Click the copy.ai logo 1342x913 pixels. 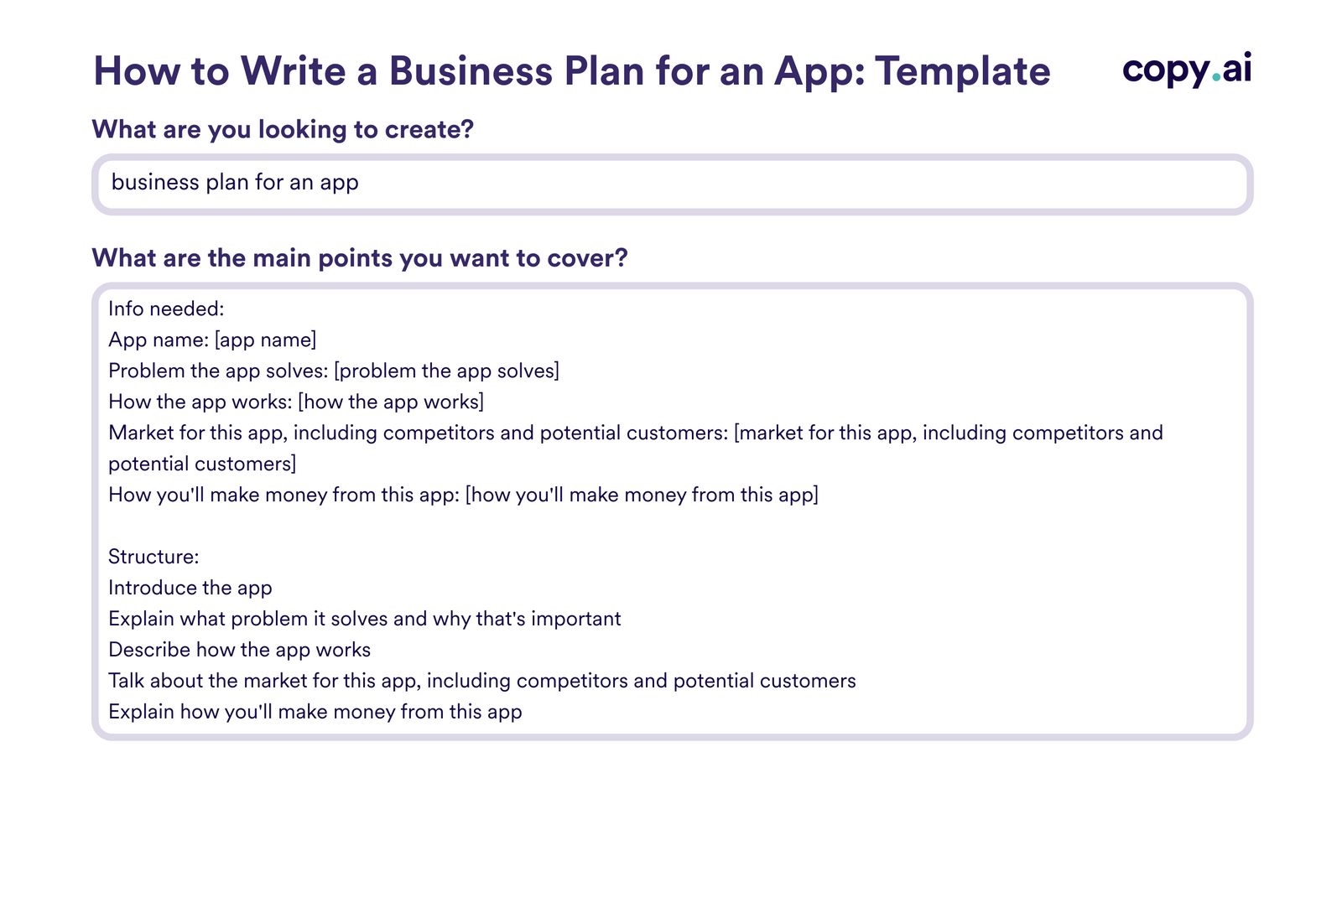coord(1186,69)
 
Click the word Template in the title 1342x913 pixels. coord(962,71)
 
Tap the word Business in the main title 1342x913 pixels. coord(471,71)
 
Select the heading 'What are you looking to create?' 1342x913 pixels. coord(283,129)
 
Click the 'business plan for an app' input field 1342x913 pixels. coord(671,183)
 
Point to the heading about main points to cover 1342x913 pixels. coord(359,257)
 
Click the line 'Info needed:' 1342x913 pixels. coord(166,309)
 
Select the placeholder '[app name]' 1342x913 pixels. coord(265,340)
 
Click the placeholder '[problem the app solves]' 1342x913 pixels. coord(446,371)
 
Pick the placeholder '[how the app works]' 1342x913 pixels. coord(391,402)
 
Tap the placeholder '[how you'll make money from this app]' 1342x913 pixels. coord(642,495)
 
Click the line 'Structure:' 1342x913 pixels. coord(153,557)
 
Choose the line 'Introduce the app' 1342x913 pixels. coord(190,588)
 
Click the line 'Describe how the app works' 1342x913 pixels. coord(239,650)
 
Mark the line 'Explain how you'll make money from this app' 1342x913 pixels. coord(315,712)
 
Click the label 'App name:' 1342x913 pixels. coord(159,340)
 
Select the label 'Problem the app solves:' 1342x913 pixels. coord(218,371)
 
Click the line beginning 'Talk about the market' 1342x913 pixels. coord(482,681)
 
